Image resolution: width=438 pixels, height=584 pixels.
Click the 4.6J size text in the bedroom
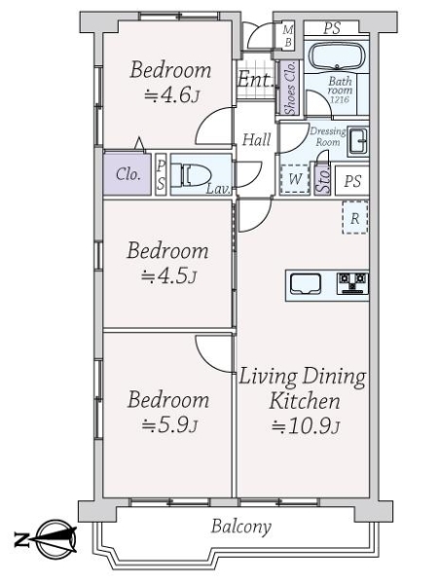171,94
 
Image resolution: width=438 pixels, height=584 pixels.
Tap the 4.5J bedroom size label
170,276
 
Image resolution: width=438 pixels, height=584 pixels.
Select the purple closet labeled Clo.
128,175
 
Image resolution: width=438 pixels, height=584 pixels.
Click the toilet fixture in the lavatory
191,175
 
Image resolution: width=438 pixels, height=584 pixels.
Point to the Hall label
257,140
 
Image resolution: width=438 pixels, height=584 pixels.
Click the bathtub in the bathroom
335,55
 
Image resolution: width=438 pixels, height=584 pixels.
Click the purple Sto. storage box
322,179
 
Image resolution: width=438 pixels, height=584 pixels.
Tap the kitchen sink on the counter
306,284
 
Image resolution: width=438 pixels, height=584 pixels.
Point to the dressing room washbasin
356,139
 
